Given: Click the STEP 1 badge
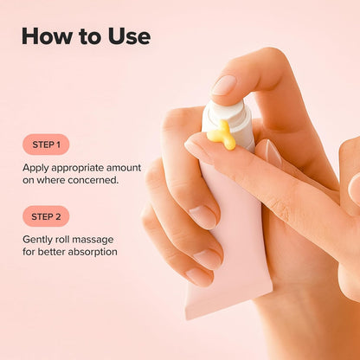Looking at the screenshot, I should coord(46,145).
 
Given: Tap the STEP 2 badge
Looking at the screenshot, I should coord(46,216).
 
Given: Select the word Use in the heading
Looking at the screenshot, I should coord(126,36).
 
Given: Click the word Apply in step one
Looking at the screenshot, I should coord(37,167).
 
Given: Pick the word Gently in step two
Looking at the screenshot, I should coord(40,239).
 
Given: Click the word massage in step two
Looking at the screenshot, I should coord(100,239).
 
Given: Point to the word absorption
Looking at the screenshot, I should coord(91,252).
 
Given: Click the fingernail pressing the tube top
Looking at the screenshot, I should coord(223,85).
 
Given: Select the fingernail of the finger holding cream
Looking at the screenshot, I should coord(198,148).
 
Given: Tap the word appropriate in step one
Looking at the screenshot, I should coord(84,167).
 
